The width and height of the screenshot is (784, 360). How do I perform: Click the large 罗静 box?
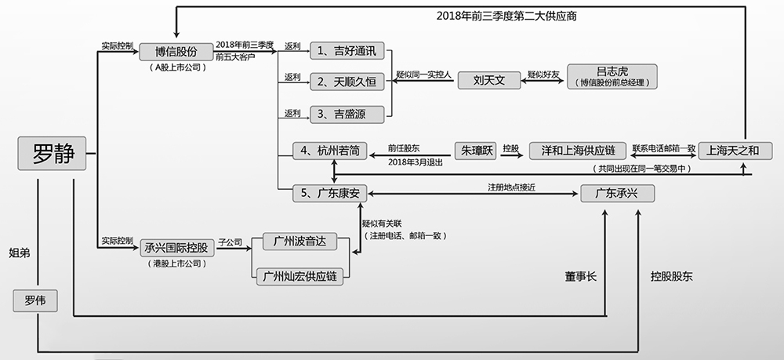click(53, 154)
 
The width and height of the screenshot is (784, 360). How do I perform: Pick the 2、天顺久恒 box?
click(349, 81)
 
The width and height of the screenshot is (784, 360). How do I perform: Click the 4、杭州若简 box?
click(330, 151)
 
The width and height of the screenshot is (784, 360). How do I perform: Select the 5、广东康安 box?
click(330, 193)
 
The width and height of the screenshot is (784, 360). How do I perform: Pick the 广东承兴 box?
click(618, 193)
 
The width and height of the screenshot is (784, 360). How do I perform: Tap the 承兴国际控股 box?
click(176, 248)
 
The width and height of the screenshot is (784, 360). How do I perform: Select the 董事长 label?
click(580, 276)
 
